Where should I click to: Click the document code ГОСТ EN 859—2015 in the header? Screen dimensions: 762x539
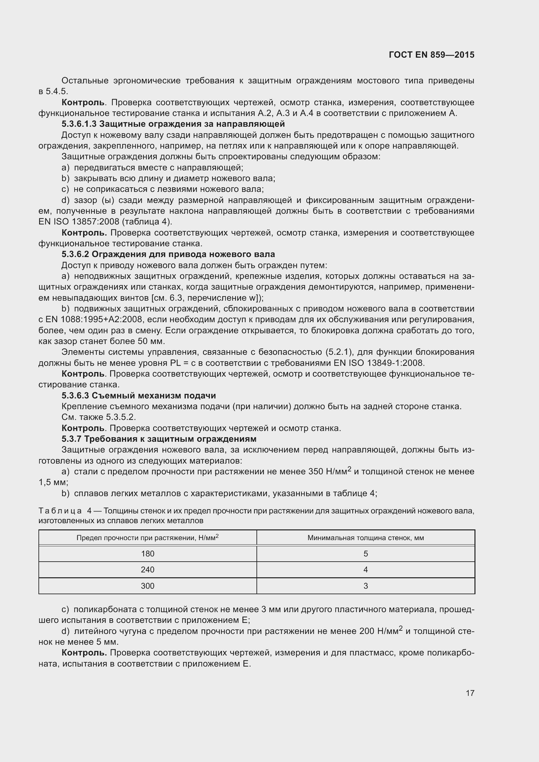[431, 55]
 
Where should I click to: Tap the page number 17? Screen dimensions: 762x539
[470, 693]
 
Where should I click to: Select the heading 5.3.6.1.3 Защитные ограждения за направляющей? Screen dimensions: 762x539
[173, 124]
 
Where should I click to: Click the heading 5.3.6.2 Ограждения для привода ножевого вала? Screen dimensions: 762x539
[168, 254]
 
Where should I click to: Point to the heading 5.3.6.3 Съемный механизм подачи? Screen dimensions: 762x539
[138, 395]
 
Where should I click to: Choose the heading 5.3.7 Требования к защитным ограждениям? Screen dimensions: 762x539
[159, 439]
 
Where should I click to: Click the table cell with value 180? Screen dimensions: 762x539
[147, 554]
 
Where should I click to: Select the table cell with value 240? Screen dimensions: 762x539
[147, 569]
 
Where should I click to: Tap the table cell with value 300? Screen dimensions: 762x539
[147, 586]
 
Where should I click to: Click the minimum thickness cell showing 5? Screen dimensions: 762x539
[365, 554]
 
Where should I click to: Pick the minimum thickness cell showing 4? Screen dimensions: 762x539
[365, 569]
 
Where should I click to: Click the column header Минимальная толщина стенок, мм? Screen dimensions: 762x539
[365, 538]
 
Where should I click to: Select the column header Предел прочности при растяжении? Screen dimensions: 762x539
[147, 538]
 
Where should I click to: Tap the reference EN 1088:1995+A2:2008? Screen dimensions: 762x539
[96, 319]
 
